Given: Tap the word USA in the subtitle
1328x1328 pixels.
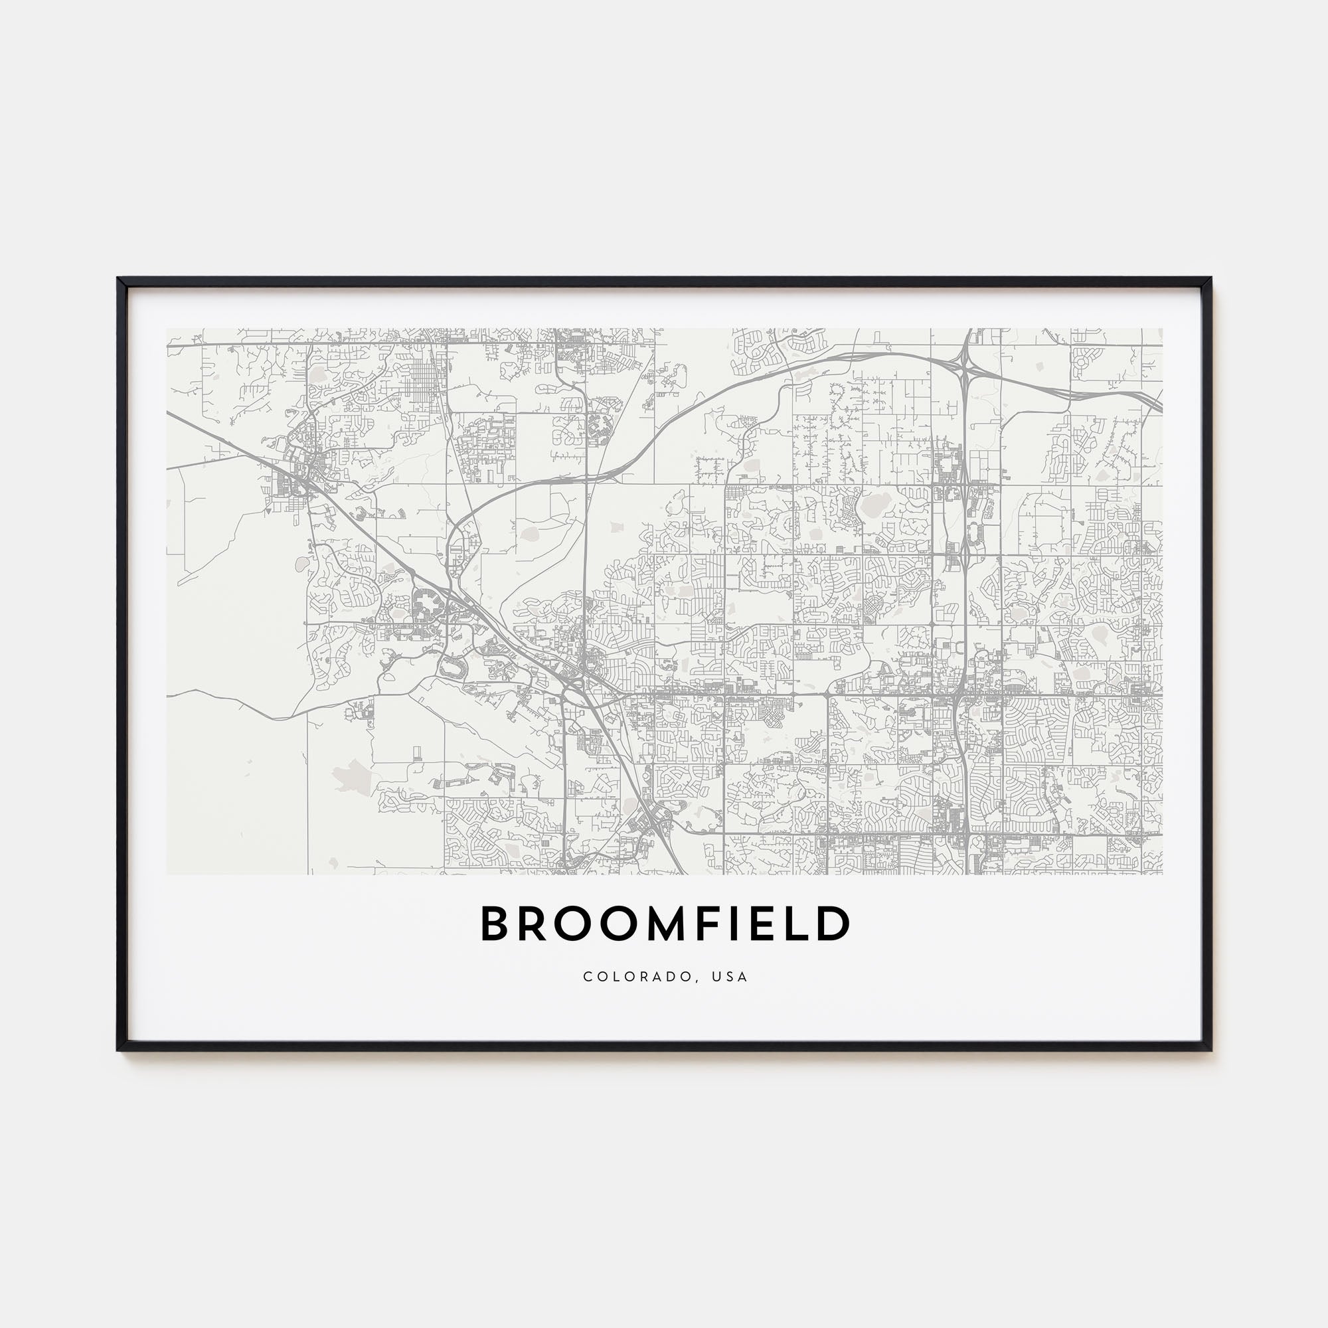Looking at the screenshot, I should pyautogui.click(x=730, y=977).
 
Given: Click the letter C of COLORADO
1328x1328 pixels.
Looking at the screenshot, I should pyautogui.click(x=587, y=977).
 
